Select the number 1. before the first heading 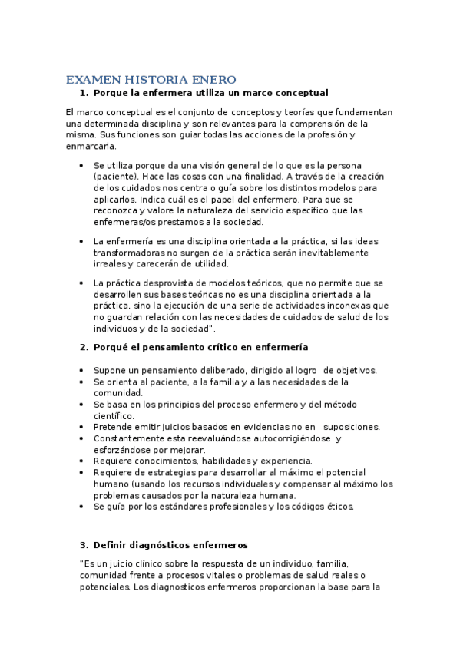click(x=84, y=93)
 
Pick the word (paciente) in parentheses click(x=116, y=176)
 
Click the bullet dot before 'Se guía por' click(x=83, y=507)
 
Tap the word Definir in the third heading click(x=111, y=545)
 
